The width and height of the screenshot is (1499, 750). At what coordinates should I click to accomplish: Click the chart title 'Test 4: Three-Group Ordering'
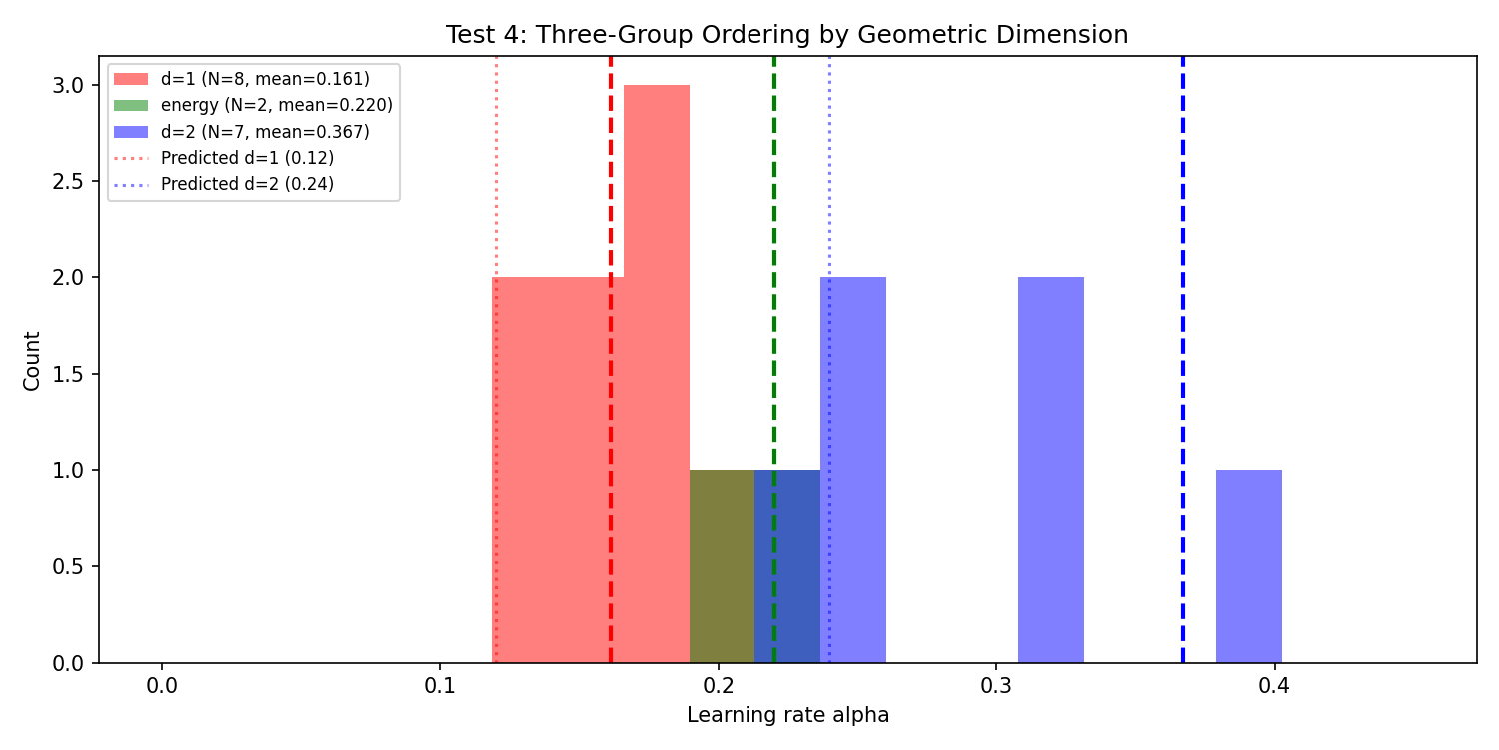[786, 35]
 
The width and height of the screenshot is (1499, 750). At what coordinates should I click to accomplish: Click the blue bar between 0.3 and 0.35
[1050, 470]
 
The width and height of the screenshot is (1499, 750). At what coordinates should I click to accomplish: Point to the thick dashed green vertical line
[774, 300]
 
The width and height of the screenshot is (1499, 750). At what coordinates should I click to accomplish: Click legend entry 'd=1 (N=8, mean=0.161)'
[265, 79]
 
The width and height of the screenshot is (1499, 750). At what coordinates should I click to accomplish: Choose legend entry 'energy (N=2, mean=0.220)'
[276, 105]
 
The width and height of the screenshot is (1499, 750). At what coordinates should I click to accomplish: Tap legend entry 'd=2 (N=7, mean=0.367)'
[265, 131]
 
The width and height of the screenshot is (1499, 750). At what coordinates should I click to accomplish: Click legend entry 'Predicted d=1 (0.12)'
[247, 158]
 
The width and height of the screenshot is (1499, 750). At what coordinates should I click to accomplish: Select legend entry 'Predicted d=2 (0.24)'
[247, 184]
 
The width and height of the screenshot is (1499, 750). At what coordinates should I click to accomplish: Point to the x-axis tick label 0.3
[996, 687]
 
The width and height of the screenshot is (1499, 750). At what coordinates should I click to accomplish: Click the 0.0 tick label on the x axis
[161, 687]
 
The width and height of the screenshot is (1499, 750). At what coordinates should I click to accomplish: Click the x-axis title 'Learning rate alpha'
[787, 716]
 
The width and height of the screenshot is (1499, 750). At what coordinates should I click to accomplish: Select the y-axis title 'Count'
[33, 361]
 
